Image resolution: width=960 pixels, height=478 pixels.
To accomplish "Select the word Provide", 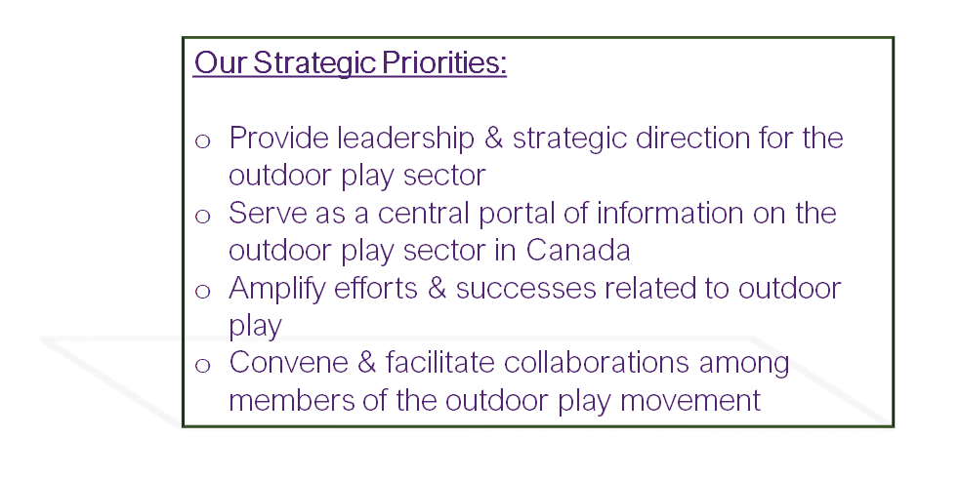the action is click(278, 139).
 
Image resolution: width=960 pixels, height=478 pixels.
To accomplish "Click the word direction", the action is click(693, 139).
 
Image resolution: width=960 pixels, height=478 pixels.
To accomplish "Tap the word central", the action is click(423, 214).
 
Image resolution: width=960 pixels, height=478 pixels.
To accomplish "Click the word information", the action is click(670, 214).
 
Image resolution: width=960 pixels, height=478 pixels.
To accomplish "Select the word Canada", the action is click(578, 251).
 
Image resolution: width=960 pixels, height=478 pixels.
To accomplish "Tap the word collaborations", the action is click(597, 363).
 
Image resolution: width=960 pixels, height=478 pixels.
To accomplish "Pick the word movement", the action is click(690, 402).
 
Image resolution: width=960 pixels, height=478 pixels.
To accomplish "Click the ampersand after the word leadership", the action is click(493, 139).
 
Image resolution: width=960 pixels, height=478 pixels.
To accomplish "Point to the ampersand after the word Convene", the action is click(366, 364).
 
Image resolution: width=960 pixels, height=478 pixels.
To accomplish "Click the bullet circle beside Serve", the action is click(203, 217).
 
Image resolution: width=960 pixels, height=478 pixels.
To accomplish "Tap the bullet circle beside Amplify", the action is click(203, 291).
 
